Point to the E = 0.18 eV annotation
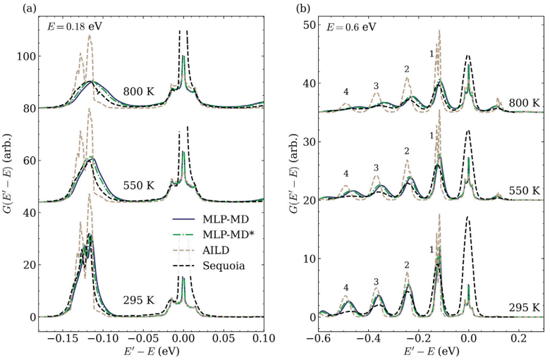coord(61,27)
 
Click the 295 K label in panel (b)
coord(525,308)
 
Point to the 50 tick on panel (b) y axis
coord(310,25)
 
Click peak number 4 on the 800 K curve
coord(346,92)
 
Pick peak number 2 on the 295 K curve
coord(407,266)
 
